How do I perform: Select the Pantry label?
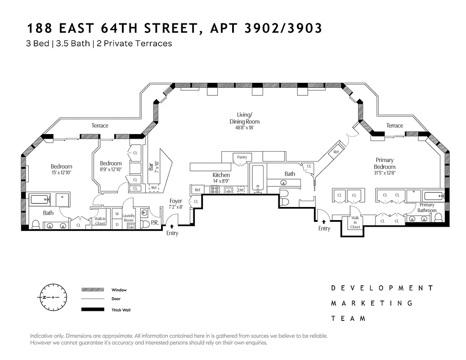click(x=242, y=157)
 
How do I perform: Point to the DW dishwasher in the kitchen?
click(x=241, y=190)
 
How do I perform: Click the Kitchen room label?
click(x=221, y=175)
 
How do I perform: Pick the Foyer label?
click(x=175, y=201)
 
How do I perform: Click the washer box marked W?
click(x=116, y=214)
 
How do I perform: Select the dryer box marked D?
click(x=116, y=224)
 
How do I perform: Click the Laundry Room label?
click(x=129, y=218)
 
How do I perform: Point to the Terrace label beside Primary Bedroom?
click(x=394, y=126)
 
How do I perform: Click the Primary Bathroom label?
click(x=426, y=207)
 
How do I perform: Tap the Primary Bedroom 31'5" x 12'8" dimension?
click(x=384, y=173)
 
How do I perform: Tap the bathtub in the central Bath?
click(x=258, y=179)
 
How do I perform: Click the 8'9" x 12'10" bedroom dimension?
click(x=111, y=169)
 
